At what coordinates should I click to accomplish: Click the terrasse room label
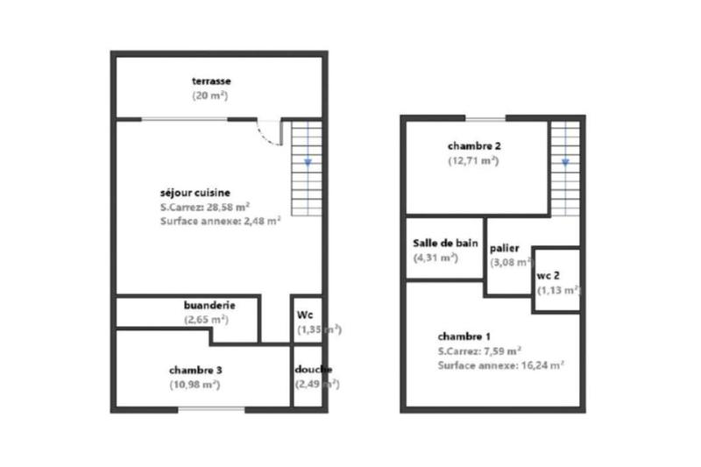(212, 81)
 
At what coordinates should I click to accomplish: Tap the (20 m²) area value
(212, 95)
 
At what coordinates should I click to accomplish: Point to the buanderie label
(209, 305)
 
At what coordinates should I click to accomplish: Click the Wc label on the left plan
(306, 315)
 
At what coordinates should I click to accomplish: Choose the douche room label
(313, 369)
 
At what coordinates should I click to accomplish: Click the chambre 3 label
(195, 369)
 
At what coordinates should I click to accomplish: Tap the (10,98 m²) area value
(195, 384)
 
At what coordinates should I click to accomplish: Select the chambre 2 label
(474, 146)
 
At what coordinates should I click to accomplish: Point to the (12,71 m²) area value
(474, 161)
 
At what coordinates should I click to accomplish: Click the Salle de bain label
(446, 244)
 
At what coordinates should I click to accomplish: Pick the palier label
(505, 248)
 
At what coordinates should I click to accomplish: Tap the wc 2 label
(549, 275)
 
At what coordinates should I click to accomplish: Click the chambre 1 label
(464, 336)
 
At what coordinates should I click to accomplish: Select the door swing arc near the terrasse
(270, 132)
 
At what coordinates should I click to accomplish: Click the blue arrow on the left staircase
(308, 162)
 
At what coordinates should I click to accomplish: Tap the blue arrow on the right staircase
(565, 162)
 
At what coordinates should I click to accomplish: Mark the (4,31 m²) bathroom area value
(435, 258)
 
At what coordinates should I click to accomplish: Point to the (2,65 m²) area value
(207, 320)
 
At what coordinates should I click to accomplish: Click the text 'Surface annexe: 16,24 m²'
(500, 365)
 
